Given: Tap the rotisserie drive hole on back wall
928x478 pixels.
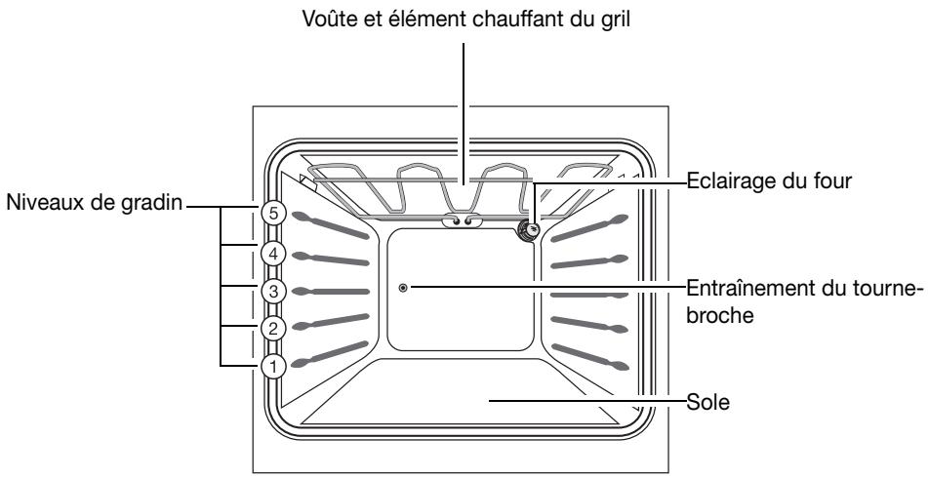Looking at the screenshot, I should click(x=403, y=288).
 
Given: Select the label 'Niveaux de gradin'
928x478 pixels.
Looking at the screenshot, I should click(x=92, y=206).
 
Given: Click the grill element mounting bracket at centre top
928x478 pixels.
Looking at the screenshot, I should click(x=463, y=222).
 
